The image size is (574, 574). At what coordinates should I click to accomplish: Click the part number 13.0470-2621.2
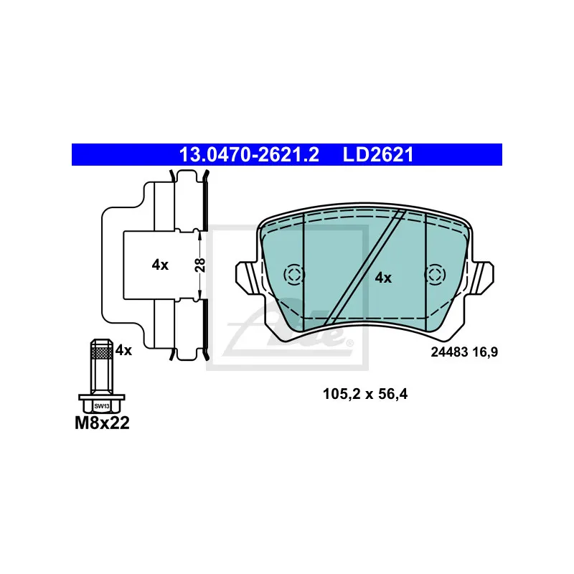[249, 155]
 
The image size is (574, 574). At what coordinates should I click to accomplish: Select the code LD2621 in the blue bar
[378, 155]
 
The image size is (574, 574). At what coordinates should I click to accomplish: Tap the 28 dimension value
[200, 265]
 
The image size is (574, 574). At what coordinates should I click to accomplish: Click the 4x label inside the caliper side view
[160, 265]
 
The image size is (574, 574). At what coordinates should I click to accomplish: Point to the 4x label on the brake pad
[383, 278]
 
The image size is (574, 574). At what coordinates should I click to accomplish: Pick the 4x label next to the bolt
[123, 350]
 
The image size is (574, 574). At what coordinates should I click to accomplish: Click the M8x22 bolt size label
[102, 423]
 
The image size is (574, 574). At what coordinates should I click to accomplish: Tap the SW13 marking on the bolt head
[102, 406]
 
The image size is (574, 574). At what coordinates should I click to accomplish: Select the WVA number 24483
[449, 352]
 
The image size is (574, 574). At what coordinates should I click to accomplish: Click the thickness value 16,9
[485, 352]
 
